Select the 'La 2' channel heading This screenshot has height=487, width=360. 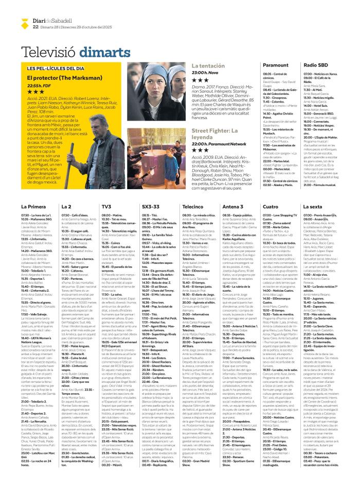66,192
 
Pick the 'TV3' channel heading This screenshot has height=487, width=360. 106,192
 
